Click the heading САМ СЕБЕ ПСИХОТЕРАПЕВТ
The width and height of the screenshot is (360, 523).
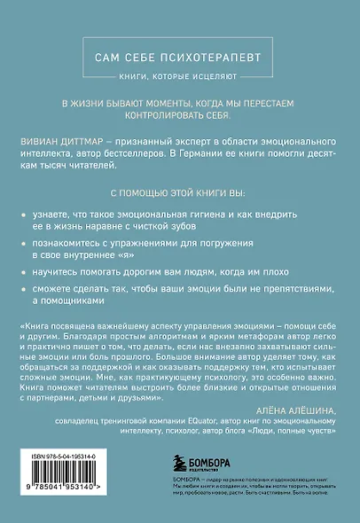click(180, 57)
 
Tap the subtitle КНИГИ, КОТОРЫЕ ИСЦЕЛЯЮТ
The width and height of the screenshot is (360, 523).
click(180, 77)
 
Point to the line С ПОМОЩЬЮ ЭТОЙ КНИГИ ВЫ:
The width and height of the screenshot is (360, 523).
click(180, 191)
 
